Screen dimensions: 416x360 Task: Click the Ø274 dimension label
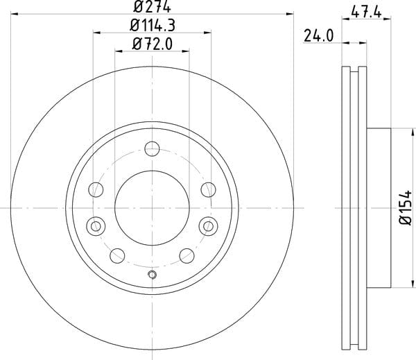(152, 6)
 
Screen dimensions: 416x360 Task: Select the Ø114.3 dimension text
(153, 26)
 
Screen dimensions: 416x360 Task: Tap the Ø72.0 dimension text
(153, 44)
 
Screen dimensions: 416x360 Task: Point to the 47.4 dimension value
(366, 12)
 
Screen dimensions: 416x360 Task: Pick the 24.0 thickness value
(318, 36)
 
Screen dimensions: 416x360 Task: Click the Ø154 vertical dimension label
(406, 207)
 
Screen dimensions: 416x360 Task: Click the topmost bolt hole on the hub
(152, 148)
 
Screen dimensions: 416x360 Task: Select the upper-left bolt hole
(96, 189)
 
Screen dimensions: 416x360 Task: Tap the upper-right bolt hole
(208, 189)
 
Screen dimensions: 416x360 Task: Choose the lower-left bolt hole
(117, 256)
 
